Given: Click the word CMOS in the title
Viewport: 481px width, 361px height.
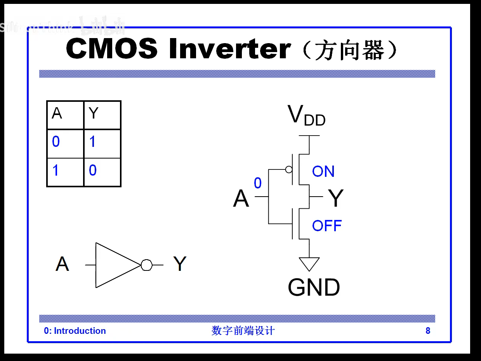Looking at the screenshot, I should (111, 49).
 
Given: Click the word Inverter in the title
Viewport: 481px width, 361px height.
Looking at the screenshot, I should (230, 49).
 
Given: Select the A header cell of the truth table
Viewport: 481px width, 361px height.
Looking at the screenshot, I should (65, 115).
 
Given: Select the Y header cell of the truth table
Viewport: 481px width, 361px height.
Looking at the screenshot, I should (102, 115).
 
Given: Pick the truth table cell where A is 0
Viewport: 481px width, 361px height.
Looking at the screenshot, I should (65, 143).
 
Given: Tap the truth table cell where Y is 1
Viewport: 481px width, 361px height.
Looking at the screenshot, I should (102, 143).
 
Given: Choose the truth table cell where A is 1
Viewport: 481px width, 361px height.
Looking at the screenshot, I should (65, 172).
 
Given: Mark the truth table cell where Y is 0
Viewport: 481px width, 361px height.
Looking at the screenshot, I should (102, 172).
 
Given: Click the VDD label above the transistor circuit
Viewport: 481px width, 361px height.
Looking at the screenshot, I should (306, 115).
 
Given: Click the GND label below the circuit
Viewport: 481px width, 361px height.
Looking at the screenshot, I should (314, 288).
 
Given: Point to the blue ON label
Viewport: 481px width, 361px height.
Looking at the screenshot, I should (323, 171).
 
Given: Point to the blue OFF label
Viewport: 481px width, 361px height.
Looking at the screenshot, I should (327, 226).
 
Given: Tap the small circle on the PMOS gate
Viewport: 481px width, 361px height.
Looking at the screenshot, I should (289, 169).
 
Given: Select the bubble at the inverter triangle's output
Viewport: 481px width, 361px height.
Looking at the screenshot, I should (146, 265).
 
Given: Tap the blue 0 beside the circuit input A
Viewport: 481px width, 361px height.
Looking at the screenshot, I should (258, 183).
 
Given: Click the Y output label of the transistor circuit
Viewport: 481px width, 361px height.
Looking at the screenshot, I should (336, 198).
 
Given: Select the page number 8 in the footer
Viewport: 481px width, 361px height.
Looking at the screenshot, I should (428, 331).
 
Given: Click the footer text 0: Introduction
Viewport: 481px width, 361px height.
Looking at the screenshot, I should (75, 331).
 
